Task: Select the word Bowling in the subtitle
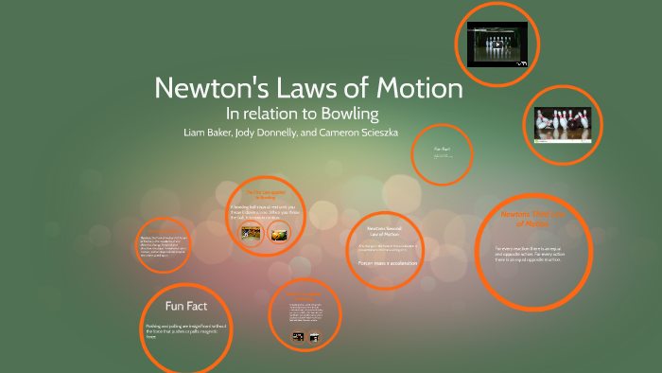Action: click(347, 115)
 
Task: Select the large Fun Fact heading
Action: click(185, 306)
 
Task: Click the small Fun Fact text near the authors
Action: click(443, 149)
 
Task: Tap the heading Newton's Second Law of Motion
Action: click(383, 232)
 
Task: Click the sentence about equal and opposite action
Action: click(533, 255)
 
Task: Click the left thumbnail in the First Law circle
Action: click(251, 234)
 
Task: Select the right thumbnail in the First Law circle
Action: click(279, 234)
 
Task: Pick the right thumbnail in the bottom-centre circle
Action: click(315, 336)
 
